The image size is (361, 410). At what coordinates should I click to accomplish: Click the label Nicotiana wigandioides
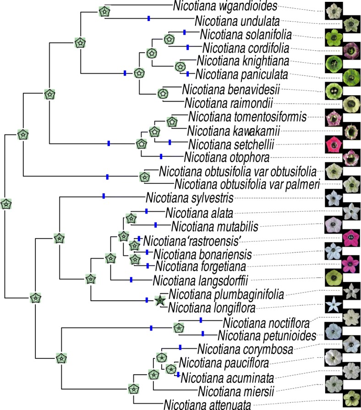coord(226,6)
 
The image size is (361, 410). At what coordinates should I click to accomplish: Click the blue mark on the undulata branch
coord(148,19)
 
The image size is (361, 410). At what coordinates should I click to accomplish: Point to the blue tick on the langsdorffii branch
coord(131,279)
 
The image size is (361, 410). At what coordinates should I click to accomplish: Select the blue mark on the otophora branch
coord(161,157)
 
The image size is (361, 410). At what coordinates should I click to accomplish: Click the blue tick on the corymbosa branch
coord(180,347)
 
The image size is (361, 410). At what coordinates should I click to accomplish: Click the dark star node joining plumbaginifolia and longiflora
coord(159,300)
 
